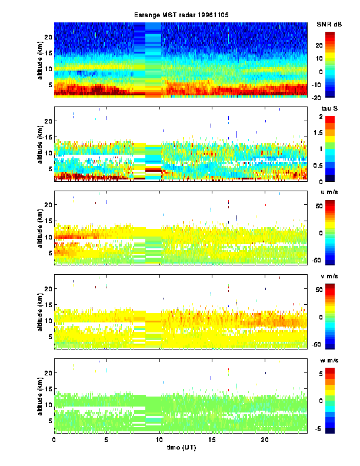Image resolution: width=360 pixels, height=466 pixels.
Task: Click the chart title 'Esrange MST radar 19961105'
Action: point(180,15)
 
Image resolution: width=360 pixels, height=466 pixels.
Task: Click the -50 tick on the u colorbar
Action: point(331,259)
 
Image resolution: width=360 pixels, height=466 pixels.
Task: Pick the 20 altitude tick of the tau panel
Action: point(48,120)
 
